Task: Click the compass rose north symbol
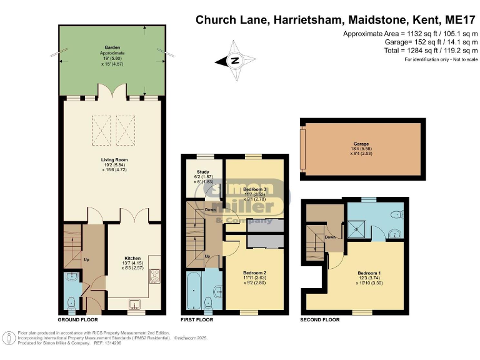click(234, 61)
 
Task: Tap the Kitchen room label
click(132, 258)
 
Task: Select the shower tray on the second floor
click(357, 229)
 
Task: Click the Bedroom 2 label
click(255, 273)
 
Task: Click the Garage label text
click(361, 144)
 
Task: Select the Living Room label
click(114, 159)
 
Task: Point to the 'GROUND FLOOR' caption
click(78, 320)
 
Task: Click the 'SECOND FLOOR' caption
click(321, 320)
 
